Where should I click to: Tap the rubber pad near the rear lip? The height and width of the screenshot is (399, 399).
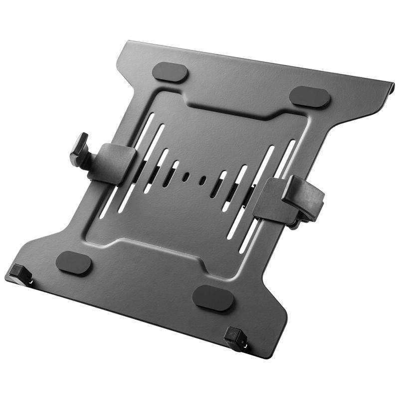[x=310, y=97]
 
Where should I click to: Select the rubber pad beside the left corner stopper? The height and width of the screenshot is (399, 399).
[x=74, y=262]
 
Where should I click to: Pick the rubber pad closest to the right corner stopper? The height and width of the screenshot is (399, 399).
[x=213, y=298]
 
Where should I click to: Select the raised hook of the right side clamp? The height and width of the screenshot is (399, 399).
[x=304, y=197]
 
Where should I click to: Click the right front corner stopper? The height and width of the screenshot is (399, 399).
[x=235, y=340]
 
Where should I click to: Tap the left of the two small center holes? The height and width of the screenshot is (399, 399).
[x=186, y=177]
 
